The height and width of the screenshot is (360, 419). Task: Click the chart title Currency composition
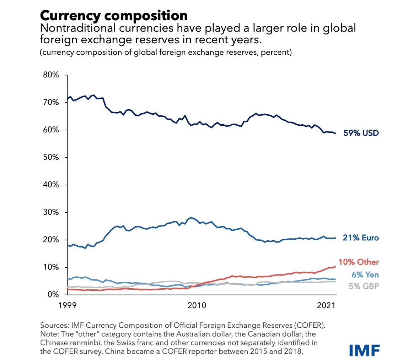point(114,16)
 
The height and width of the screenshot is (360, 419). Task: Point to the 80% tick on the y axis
point(51,75)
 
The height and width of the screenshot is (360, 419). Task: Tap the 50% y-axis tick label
point(51,157)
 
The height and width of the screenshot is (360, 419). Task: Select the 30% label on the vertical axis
point(51,212)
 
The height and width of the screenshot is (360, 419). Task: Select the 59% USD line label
point(361,133)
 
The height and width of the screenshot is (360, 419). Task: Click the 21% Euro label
point(361,238)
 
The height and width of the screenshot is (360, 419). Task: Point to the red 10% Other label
point(358,262)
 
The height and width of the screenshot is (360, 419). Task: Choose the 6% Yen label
point(365,275)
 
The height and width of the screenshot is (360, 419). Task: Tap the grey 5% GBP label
point(364,286)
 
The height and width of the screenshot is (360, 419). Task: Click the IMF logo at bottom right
point(364,350)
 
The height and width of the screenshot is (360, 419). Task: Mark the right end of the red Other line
point(335,267)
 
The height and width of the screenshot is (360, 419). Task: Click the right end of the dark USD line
point(335,133)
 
